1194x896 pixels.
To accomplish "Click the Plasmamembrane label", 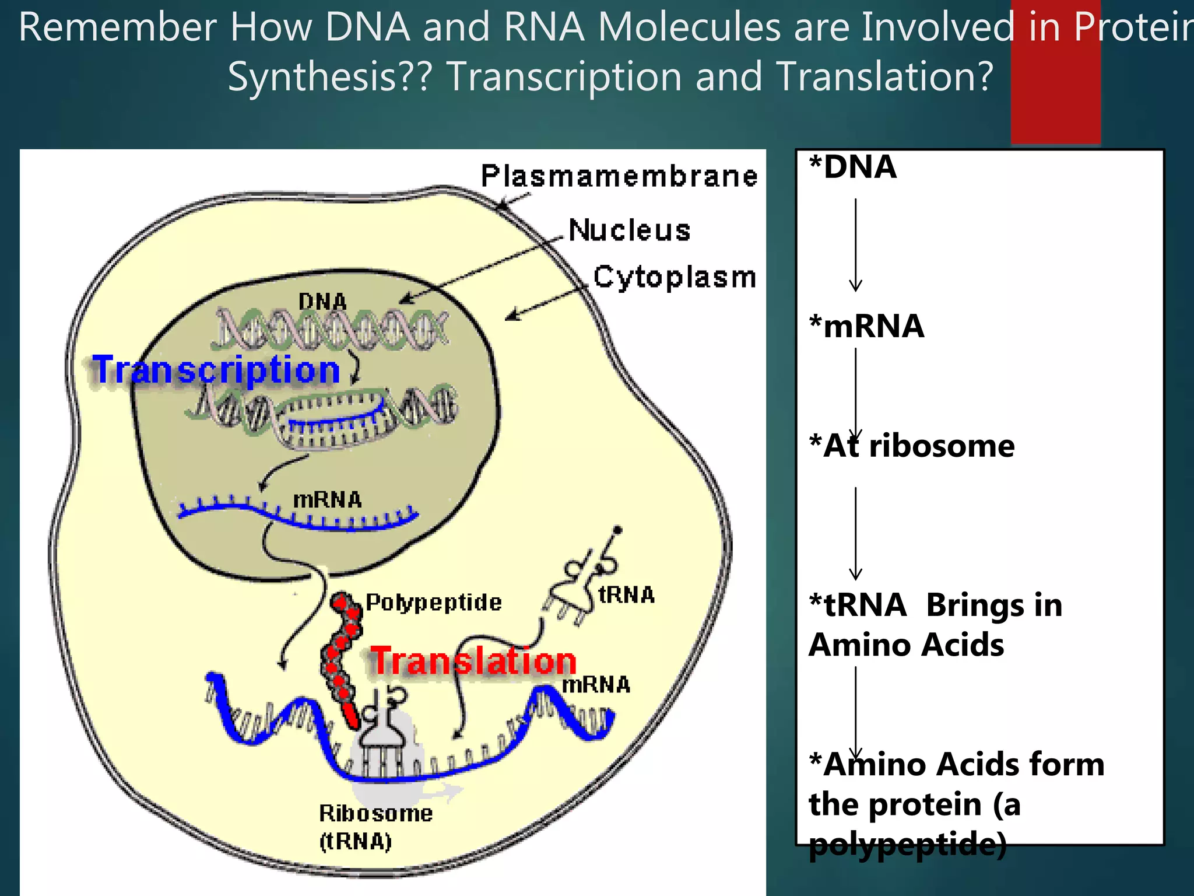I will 619,176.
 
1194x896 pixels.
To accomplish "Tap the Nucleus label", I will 629,230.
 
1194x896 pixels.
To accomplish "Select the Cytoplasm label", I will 675,277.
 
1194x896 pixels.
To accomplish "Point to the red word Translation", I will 473,661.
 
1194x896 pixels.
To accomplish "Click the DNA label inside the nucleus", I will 322,302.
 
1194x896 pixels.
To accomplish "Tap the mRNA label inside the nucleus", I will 327,500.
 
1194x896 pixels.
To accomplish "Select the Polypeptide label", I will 434,602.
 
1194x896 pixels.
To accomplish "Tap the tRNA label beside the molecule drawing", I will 627,595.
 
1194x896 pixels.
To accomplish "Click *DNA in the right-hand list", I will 852,167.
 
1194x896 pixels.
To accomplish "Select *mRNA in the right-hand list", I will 866,326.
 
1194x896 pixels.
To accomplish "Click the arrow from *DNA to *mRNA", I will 855,245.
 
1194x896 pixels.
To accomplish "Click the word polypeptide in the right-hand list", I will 908,844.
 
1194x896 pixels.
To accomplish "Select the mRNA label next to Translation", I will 596,685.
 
